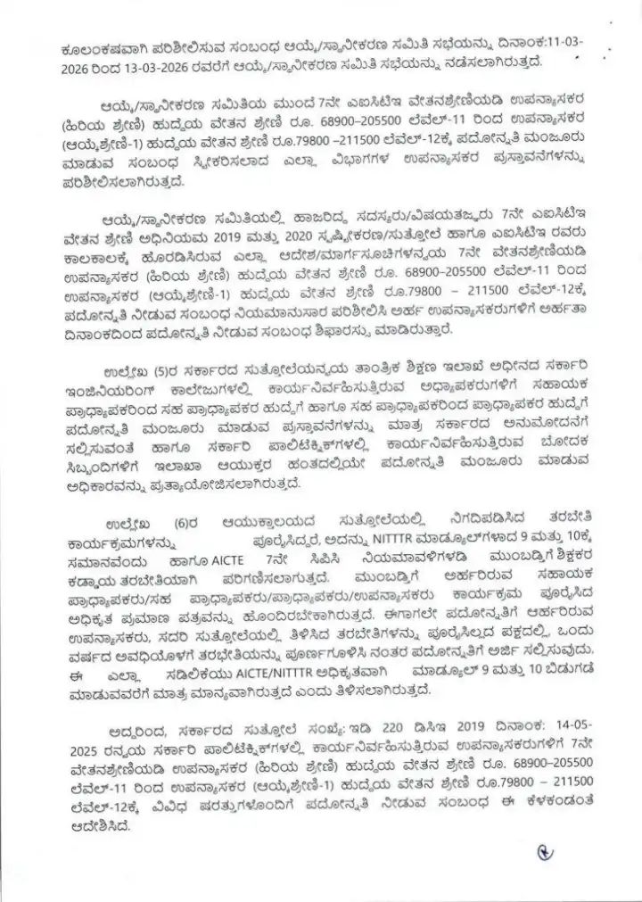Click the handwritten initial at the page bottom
[x=546, y=852]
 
